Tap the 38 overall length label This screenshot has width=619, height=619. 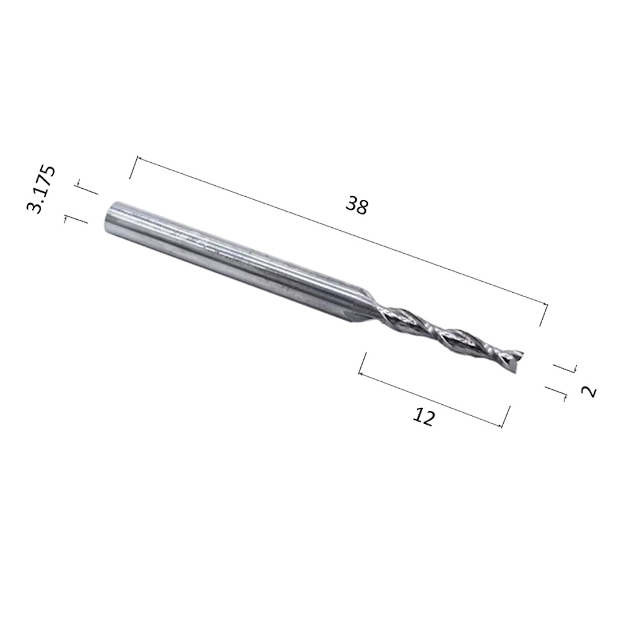pos(357,206)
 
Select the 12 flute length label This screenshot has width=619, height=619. pos(423,417)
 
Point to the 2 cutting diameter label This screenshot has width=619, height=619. pos(589,391)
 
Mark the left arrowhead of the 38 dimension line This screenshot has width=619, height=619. pos(138,158)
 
